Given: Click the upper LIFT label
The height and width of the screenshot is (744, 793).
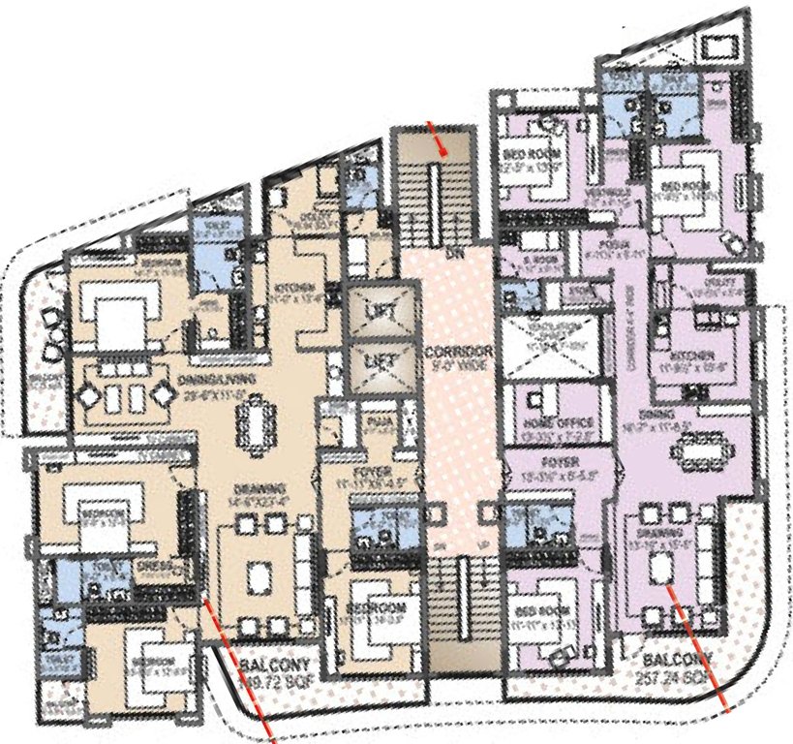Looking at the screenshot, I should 374,312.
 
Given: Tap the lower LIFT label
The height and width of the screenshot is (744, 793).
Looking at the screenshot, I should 374,362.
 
